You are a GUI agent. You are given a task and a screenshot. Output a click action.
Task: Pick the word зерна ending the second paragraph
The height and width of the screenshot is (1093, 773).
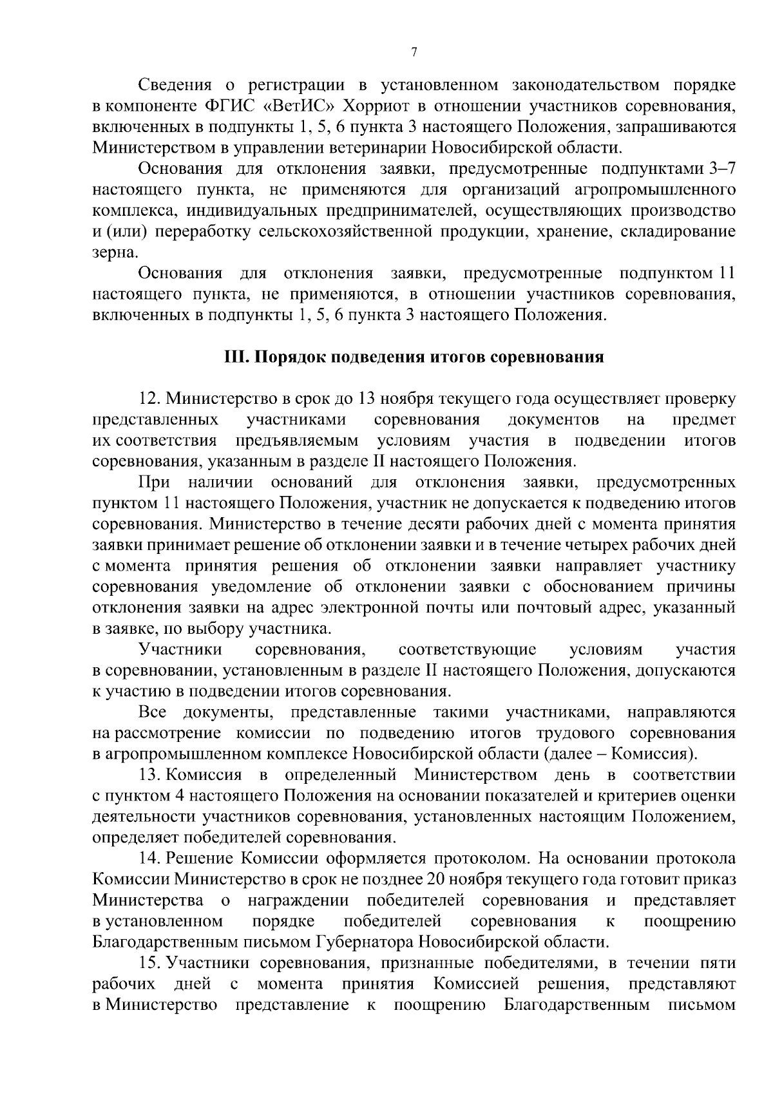(x=111, y=253)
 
